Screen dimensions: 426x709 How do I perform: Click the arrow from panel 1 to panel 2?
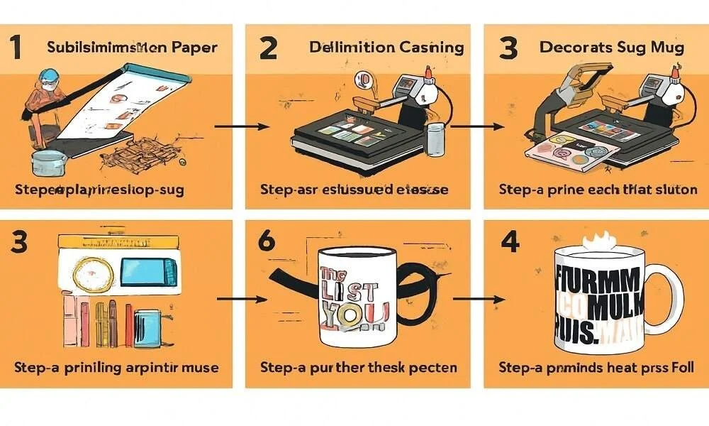[242, 126]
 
